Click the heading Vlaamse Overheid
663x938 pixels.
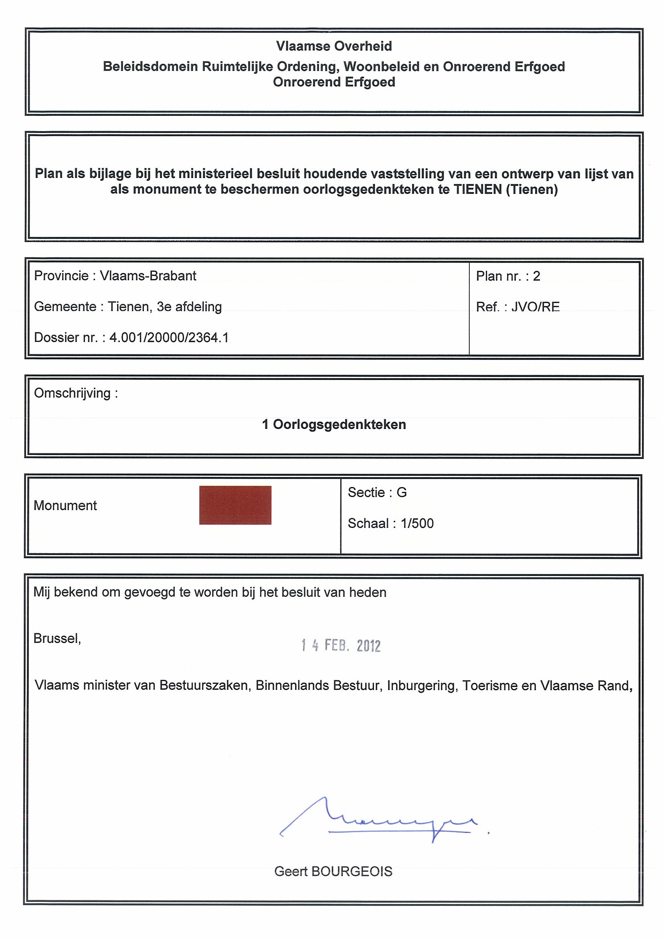(334, 46)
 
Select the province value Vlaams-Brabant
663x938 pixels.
(148, 276)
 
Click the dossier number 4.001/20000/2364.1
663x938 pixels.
(169, 338)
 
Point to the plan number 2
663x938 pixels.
(536, 276)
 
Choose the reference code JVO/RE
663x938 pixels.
(535, 307)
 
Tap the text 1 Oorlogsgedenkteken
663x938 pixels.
(334, 425)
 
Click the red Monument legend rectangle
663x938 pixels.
(235, 505)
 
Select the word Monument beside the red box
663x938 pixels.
(65, 506)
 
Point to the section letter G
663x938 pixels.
(402, 493)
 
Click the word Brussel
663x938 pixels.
(57, 638)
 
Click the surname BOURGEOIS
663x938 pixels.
(351, 871)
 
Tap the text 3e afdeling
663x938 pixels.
(189, 307)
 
